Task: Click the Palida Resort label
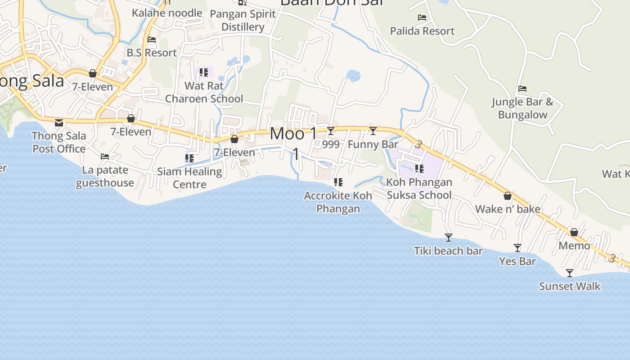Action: (422, 31)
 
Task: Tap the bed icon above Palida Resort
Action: (422, 18)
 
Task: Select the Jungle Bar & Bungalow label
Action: (522, 108)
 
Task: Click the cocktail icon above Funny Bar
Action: (373, 131)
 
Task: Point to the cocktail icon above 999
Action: (331, 131)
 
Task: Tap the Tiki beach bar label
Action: (448, 251)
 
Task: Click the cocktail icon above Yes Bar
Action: (517, 248)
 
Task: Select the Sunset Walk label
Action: (570, 286)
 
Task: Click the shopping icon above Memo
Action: (574, 232)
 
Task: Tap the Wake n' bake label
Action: (508, 209)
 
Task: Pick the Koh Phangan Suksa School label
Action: (419, 189)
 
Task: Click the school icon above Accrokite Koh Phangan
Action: (338, 182)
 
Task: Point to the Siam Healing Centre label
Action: (189, 178)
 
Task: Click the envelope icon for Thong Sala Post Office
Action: (59, 122)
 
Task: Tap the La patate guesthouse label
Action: (105, 176)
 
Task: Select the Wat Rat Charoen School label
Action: (204, 92)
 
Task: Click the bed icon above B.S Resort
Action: (152, 40)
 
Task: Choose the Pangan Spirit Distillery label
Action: (243, 20)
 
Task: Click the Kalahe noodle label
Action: (167, 13)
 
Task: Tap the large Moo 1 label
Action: (293, 134)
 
